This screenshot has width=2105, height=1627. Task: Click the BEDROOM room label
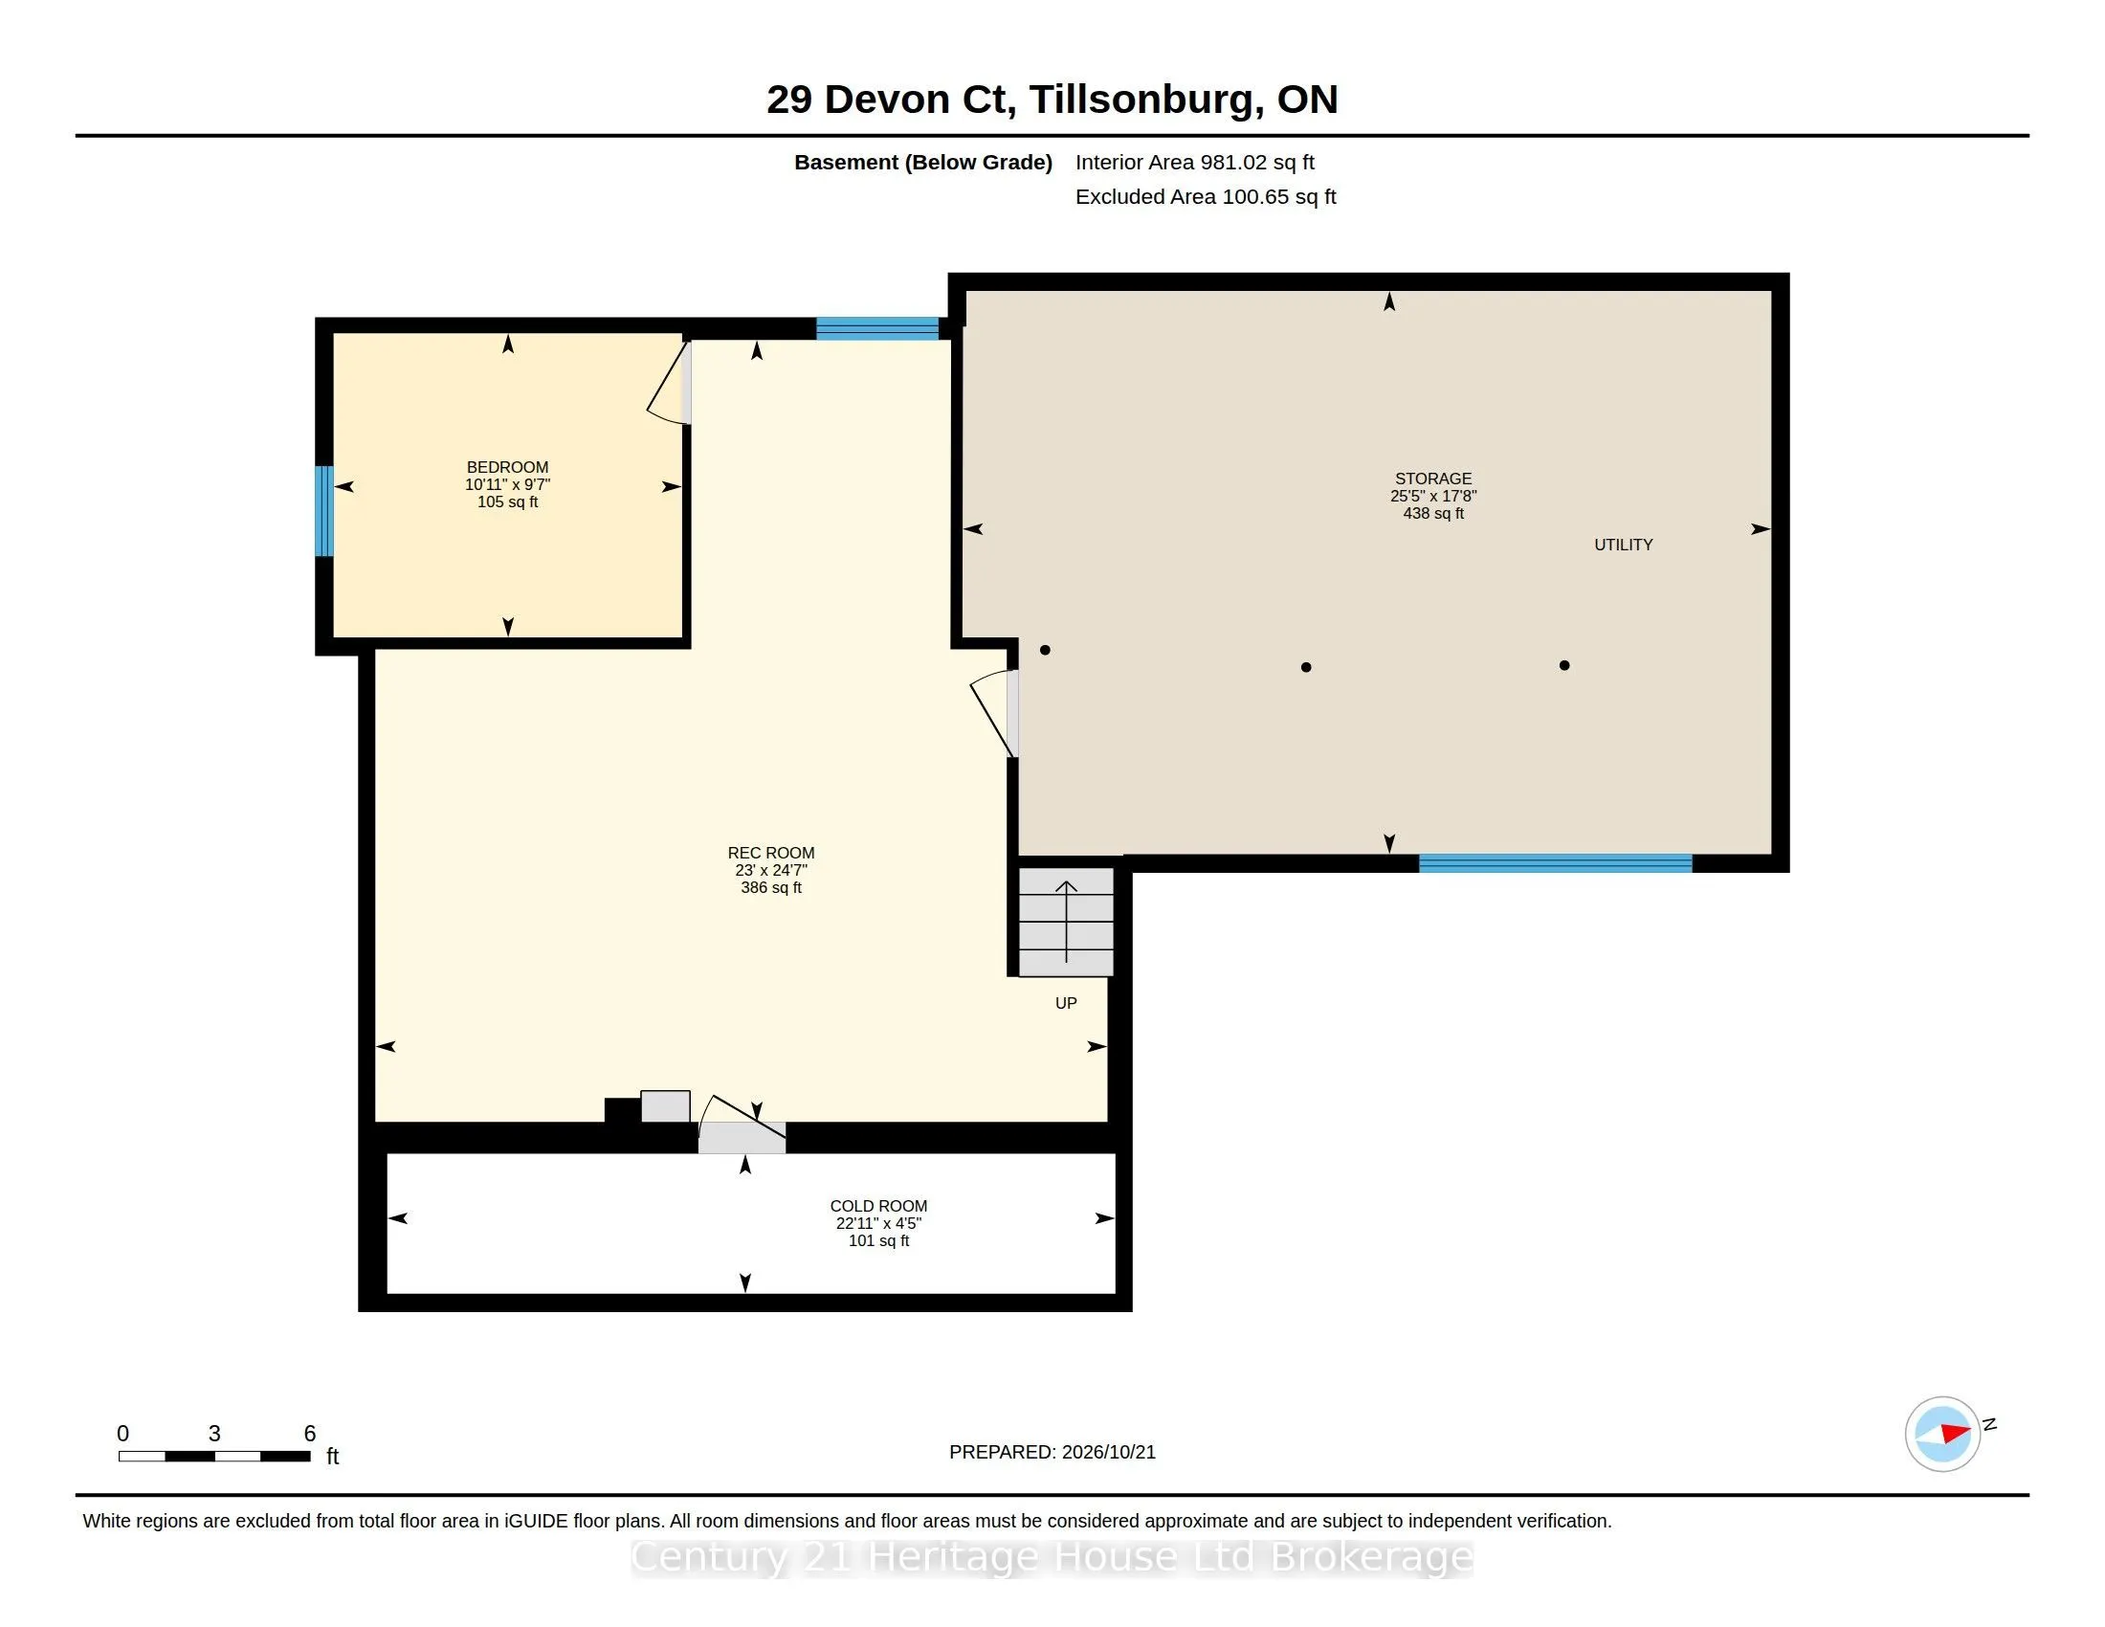pyautogui.click(x=507, y=467)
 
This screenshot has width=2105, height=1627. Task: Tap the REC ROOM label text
pyautogui.click(x=771, y=853)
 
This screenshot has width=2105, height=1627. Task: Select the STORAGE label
pyautogui.click(x=1433, y=479)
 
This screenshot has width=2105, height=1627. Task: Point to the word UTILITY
pyautogui.click(x=1623, y=545)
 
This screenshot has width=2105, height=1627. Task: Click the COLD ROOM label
pyautogui.click(x=878, y=1206)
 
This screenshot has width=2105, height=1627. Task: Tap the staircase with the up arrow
pyautogui.click(x=1066, y=922)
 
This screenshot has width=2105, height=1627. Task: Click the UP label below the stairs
pyautogui.click(x=1066, y=1003)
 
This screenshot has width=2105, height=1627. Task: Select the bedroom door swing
pyautogui.click(x=670, y=383)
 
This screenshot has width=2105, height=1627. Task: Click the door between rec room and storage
pyautogui.click(x=995, y=713)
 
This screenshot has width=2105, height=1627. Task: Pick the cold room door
pyautogui.click(x=742, y=1124)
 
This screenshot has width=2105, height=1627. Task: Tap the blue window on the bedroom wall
pyautogui.click(x=324, y=511)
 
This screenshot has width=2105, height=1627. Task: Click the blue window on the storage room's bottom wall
pyautogui.click(x=1556, y=863)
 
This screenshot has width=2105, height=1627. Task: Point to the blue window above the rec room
pyautogui.click(x=877, y=328)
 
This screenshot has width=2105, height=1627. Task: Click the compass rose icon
pyautogui.click(x=1942, y=1435)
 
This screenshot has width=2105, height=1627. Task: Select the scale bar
pyautogui.click(x=215, y=1456)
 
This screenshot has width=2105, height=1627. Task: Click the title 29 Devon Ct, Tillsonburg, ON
pyautogui.click(x=1052, y=100)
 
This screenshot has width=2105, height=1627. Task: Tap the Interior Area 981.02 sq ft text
pyautogui.click(x=1194, y=163)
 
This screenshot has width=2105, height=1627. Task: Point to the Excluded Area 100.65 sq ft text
pyautogui.click(x=1205, y=196)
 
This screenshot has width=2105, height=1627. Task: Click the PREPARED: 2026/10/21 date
pyautogui.click(x=1052, y=1452)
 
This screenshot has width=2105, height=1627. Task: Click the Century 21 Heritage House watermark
pyautogui.click(x=1052, y=1556)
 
